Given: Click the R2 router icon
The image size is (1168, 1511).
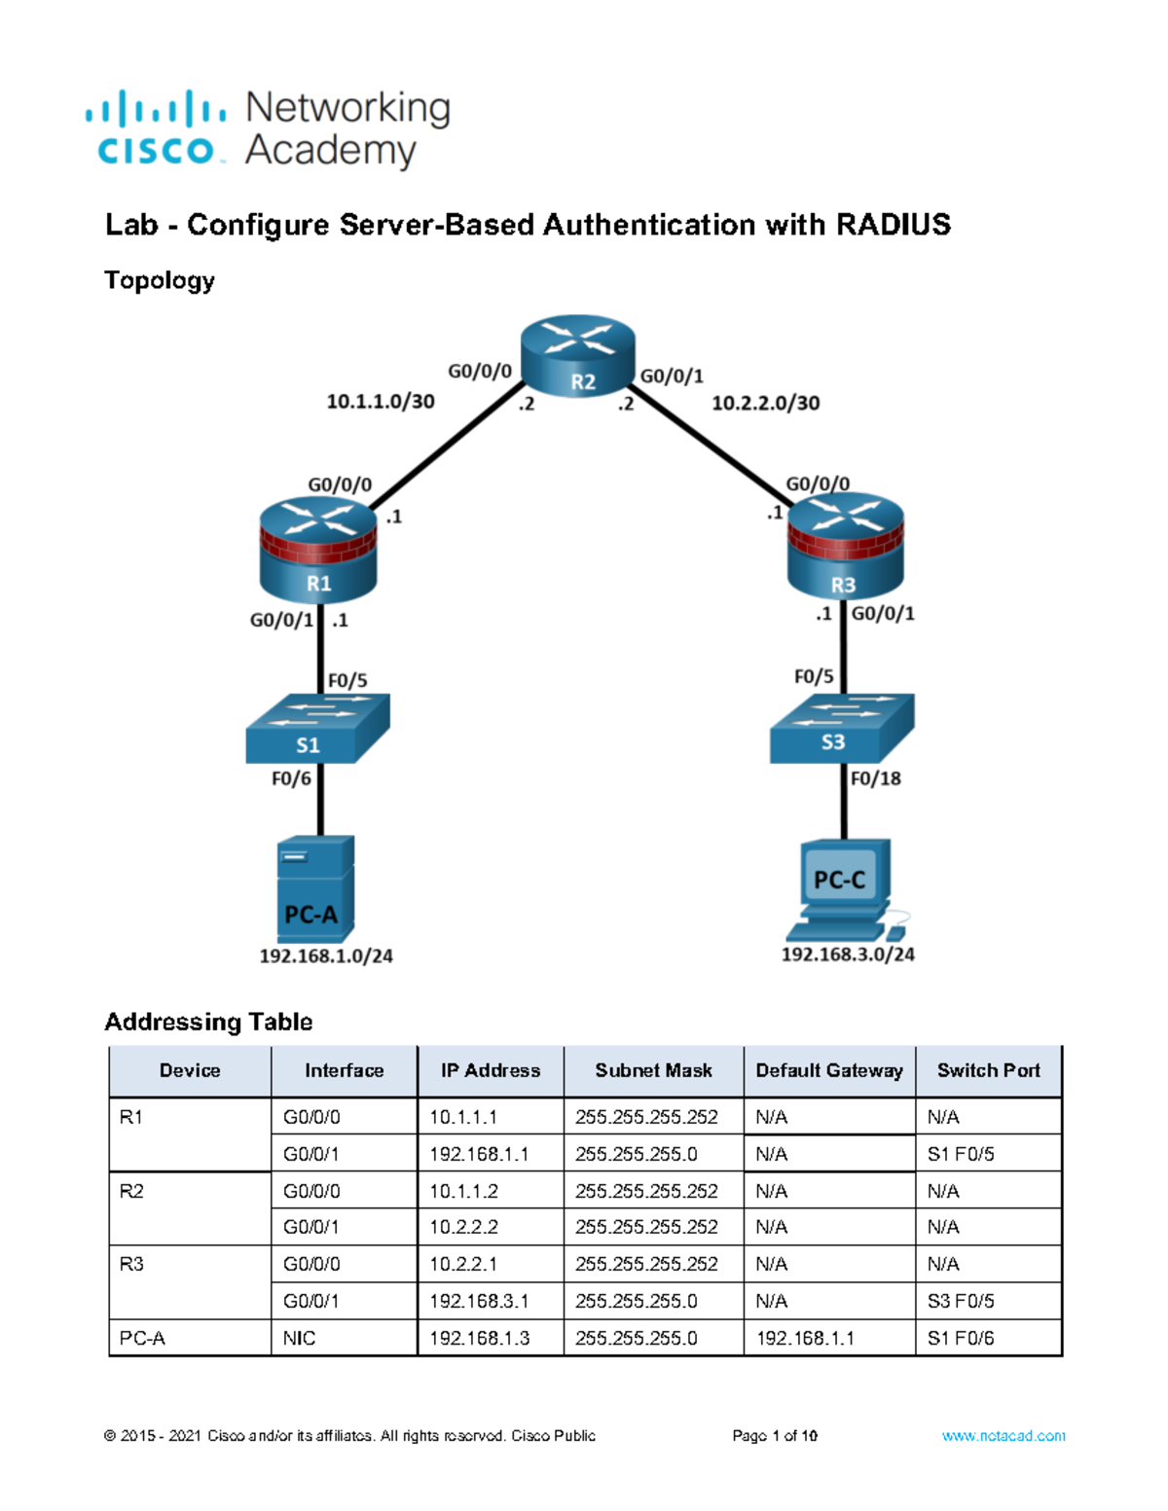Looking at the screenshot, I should (578, 355).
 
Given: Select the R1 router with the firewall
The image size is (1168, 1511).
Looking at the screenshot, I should (318, 550).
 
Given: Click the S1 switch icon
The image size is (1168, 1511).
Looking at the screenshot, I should (317, 729).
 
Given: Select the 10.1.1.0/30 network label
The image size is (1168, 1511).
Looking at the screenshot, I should (381, 401).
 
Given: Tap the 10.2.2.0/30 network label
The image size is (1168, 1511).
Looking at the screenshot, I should (765, 403).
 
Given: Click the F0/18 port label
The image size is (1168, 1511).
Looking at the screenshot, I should (875, 778).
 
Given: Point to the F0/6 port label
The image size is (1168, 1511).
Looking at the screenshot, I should (291, 778).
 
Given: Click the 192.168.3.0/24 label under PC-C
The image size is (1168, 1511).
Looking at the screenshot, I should (848, 954).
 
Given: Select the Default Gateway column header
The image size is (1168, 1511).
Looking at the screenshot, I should (829, 1070).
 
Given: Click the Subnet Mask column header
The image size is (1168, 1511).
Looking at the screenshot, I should (653, 1070).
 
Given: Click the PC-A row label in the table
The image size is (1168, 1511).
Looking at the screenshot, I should (142, 1338).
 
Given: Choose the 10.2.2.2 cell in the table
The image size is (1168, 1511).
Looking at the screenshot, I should (463, 1227).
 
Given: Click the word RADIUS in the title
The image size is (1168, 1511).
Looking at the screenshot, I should (893, 225).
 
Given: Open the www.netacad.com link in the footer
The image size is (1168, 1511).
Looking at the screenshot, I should (1003, 1435).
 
